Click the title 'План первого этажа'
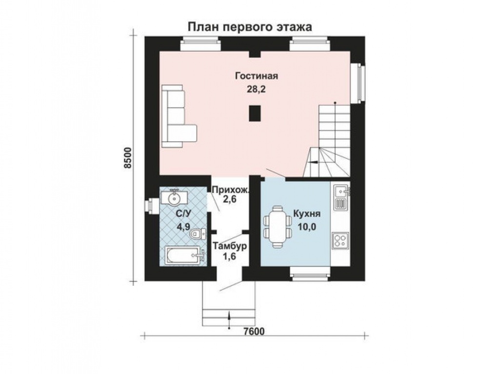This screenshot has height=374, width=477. tap(250, 27)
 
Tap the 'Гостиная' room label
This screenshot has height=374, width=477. tap(257, 76)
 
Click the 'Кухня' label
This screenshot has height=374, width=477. tap(306, 214)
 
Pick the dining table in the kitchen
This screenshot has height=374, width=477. tap(277, 226)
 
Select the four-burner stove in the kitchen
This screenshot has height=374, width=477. tap(340, 240)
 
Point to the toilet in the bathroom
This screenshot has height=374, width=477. tap(198, 234)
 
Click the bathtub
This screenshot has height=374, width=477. tap(182, 256)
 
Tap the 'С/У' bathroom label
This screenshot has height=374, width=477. tap(184, 214)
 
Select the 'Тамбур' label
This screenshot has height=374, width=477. tap(230, 245)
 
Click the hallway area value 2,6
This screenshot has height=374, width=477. tap(230, 199)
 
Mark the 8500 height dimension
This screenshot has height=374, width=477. tap(128, 158)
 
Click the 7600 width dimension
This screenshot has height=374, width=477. tap(254, 331)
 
